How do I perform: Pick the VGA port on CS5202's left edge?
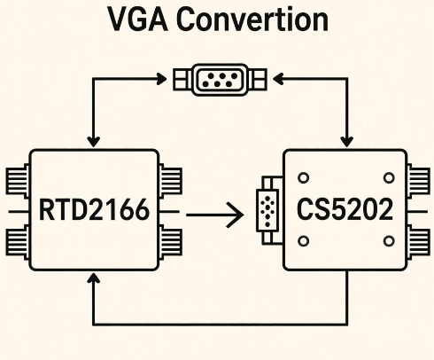267,211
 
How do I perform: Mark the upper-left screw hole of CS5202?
304,174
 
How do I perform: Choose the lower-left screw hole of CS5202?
304,240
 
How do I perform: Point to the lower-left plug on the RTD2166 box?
19,240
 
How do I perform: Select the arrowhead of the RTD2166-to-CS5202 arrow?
236,213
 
